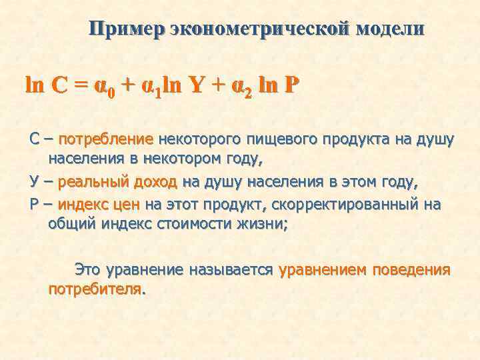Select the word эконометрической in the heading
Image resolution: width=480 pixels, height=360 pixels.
click(x=260, y=30)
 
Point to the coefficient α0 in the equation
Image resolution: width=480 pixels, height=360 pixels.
click(x=104, y=89)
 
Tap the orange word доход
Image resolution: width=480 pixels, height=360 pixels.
click(x=155, y=183)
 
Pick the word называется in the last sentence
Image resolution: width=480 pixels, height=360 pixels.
click(x=231, y=271)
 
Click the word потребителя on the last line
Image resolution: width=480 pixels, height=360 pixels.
click(x=95, y=291)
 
